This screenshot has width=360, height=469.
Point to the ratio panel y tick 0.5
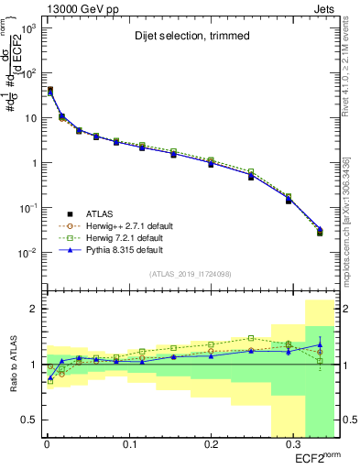tap(27, 420)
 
